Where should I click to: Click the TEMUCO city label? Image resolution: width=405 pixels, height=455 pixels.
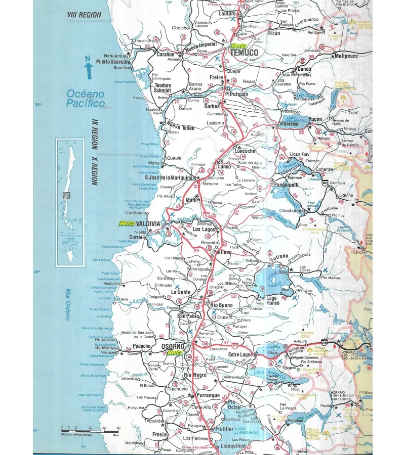click(244, 53)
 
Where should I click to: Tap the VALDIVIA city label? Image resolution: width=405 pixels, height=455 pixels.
click(147, 223)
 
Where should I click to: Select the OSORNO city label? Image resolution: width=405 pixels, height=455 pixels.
click(173, 346)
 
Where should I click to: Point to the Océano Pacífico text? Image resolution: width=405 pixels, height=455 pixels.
click(85, 99)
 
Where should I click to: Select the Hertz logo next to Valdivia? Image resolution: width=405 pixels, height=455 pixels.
click(126, 223)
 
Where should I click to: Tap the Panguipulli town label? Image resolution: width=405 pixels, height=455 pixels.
click(288, 186)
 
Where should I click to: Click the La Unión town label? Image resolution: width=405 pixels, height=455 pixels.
click(181, 292)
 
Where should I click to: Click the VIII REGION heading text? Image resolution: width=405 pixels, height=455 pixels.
click(84, 16)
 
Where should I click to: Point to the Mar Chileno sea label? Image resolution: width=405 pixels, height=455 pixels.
click(67, 304)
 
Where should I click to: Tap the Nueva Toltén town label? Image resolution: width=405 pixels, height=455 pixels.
click(181, 126)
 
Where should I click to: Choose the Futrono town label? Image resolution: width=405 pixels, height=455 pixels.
click(279, 256)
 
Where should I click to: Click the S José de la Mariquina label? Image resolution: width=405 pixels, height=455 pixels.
click(169, 177)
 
